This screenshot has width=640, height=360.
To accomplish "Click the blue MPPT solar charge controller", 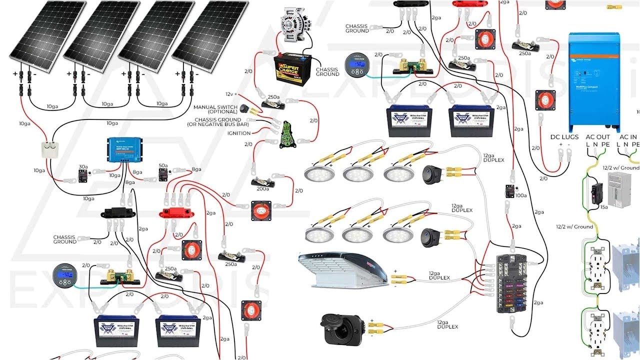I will pos(124,149).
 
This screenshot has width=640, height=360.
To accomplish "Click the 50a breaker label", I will pos(163,165).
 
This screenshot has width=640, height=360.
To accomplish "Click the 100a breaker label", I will pos(520,195).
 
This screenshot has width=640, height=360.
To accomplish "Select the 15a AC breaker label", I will pos(603,206).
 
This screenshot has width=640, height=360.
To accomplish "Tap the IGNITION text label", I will pos(238,133).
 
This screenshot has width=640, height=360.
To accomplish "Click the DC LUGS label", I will pos(564,137).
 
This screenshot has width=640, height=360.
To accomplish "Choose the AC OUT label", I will pos(597,137).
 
